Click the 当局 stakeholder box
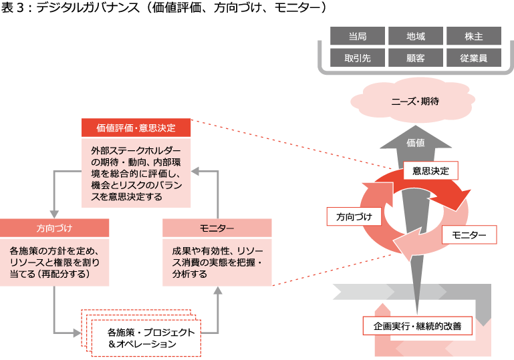pos(358,36)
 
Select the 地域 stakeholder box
pos(415,36)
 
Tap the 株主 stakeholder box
pos(473,36)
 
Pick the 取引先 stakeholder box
pos(358,58)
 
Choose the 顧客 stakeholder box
pos(415,58)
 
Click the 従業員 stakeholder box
pos(473,58)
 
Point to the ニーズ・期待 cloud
pos(414,102)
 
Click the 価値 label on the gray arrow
pos(415,142)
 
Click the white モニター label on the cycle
pos(469,234)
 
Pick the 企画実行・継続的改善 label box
pos(418,327)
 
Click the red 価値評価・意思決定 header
pos(136,128)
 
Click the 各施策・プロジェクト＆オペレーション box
pos(151,338)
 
